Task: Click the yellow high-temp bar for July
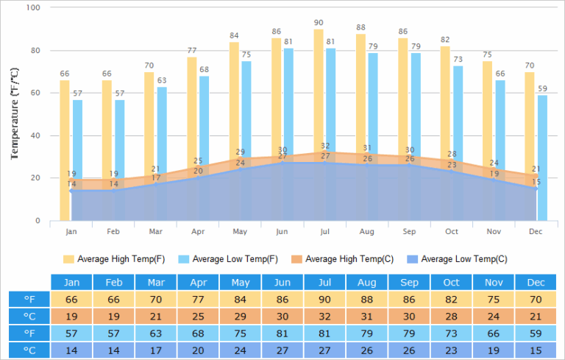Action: point(319,88)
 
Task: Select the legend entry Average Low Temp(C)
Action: point(463,259)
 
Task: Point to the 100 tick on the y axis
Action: point(34,8)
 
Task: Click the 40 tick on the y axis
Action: point(36,136)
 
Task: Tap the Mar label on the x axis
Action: point(156,231)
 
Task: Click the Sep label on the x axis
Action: point(409,231)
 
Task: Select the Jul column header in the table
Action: point(324,283)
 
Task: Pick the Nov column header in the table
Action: point(494,283)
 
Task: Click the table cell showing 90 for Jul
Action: point(324,300)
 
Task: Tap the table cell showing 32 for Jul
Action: point(324,317)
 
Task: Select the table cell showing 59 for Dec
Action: point(536,333)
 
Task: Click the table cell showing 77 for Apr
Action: point(198,300)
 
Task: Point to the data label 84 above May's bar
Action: point(234,35)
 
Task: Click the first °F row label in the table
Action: point(29,300)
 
